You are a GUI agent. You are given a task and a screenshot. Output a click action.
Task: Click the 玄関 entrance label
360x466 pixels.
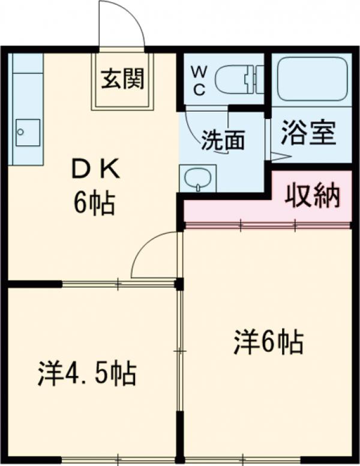(122, 80)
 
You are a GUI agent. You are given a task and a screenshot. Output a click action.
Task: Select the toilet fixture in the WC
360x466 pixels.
(238, 80)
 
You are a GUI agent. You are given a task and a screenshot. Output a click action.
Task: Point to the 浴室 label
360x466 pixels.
(308, 134)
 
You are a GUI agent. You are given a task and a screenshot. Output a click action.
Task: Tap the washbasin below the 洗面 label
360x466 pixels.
(197, 178)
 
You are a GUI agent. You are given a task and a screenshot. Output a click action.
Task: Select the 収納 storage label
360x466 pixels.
(312, 195)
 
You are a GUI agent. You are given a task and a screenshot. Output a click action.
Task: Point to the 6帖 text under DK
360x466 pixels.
(94, 204)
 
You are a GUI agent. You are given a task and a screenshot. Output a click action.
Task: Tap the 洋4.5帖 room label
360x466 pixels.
(87, 373)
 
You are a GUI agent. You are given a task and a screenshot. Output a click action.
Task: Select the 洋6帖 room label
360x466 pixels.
(268, 343)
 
